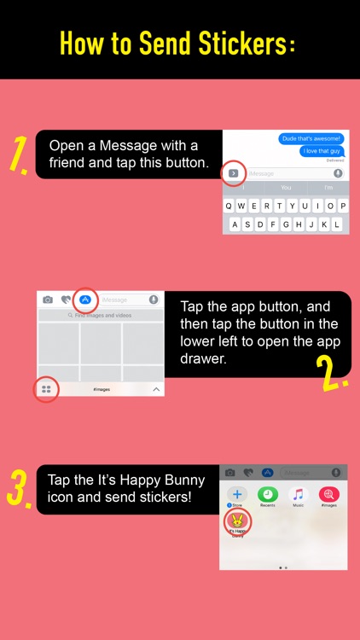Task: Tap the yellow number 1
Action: click(x=18, y=155)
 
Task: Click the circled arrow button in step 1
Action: click(x=234, y=173)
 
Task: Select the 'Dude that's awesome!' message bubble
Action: click(x=311, y=138)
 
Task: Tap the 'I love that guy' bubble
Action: click(x=322, y=152)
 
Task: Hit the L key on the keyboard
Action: click(x=337, y=224)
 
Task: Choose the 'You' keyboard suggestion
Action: click(x=286, y=188)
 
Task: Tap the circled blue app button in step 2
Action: click(x=84, y=300)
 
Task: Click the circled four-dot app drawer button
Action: click(x=47, y=389)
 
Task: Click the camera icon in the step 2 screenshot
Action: click(x=48, y=300)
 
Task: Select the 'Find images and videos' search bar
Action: click(x=102, y=315)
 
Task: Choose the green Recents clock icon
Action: click(x=267, y=494)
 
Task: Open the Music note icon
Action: click(x=298, y=494)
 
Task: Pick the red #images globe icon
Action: click(x=328, y=494)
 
